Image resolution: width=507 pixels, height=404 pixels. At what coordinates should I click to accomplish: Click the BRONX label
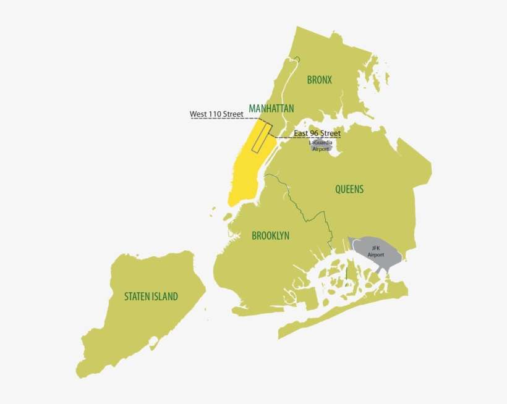[x=320, y=80]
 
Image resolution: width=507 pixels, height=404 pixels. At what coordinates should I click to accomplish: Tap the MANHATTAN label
[x=271, y=109]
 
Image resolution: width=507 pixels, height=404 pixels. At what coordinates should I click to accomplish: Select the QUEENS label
[x=349, y=190]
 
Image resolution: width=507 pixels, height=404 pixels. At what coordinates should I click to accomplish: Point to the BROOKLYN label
[x=270, y=236]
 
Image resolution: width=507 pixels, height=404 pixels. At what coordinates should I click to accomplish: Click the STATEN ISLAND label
[x=151, y=297]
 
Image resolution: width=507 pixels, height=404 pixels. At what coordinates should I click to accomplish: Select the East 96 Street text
[x=317, y=133]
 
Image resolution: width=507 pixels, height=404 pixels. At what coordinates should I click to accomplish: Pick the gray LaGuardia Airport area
[x=321, y=146]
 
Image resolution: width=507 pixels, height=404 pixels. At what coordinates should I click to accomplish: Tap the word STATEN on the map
[x=136, y=297]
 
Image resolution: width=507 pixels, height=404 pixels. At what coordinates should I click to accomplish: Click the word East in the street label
[x=301, y=133]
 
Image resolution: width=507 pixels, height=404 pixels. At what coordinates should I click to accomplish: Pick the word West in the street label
[x=198, y=114]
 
